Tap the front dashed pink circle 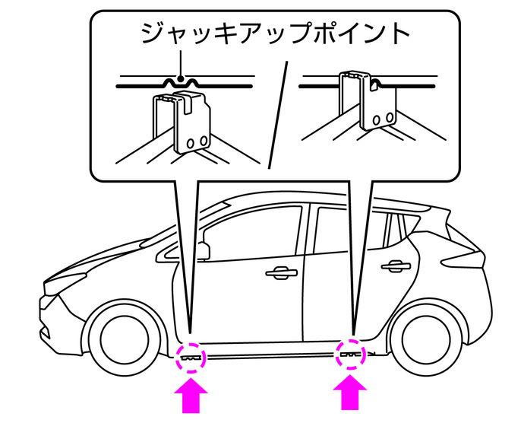click(190, 355)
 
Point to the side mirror click(204, 249)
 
